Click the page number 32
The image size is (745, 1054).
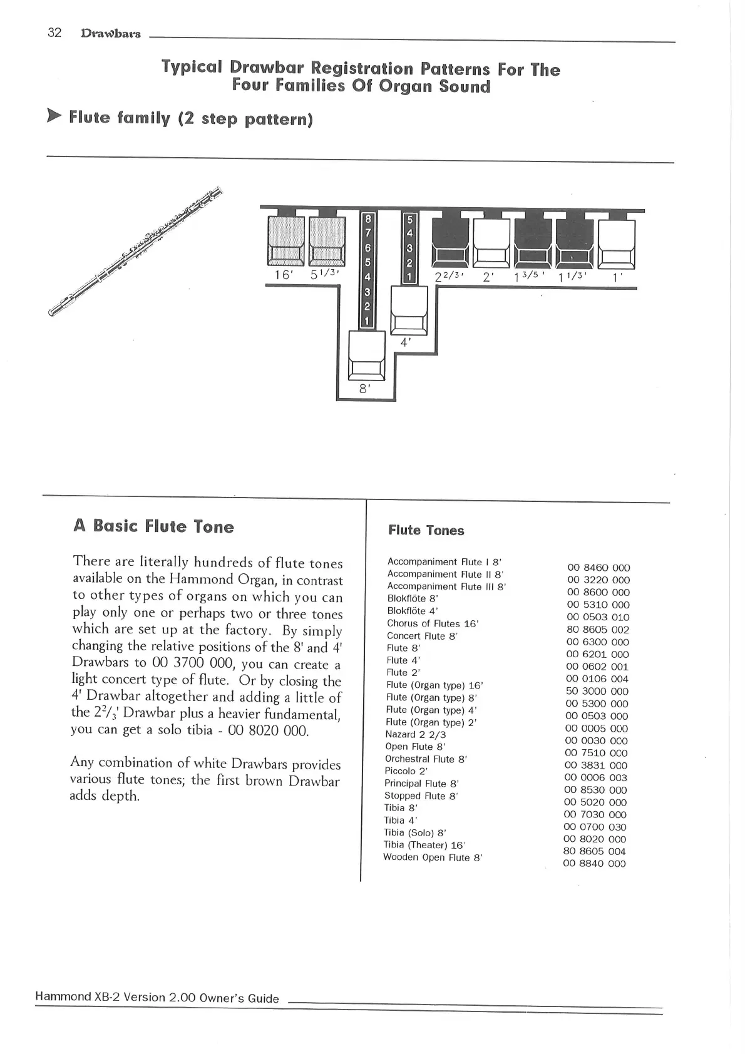54,33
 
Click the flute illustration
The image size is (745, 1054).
135,251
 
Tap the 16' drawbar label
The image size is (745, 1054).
284,275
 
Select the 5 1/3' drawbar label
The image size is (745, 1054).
325,275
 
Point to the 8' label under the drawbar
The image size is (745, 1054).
365,389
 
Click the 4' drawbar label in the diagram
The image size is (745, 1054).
406,342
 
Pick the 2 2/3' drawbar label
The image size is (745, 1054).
449,277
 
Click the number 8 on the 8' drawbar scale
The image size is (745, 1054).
367,218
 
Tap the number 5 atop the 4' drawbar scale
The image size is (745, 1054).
410,219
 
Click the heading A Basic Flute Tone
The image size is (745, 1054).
153,526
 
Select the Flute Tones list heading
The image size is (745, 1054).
426,530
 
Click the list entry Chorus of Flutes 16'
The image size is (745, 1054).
432,623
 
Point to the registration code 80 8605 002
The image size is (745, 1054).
597,630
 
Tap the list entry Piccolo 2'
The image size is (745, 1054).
406,771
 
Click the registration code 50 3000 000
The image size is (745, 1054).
597,692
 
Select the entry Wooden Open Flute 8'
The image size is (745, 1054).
433,857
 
